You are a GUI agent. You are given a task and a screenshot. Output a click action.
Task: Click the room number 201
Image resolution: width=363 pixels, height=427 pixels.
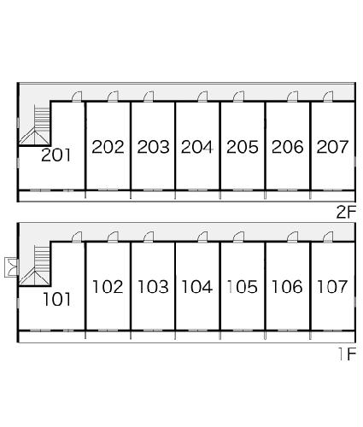click(56, 155)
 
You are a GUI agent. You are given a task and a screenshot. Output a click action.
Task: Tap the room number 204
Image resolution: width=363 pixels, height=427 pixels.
click(196, 147)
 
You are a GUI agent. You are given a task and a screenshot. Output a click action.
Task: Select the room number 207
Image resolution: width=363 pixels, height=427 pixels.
click(332, 147)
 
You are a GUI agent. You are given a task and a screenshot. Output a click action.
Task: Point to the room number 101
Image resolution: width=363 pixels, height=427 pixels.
click(56, 299)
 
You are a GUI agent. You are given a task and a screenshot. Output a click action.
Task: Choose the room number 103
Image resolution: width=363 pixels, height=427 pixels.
click(153, 287)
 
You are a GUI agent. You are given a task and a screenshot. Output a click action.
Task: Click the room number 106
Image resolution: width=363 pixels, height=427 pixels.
click(287, 287)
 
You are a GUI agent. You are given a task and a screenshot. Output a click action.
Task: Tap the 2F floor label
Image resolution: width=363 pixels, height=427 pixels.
click(346, 212)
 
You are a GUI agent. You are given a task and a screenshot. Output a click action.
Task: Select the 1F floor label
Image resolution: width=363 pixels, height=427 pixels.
click(348, 354)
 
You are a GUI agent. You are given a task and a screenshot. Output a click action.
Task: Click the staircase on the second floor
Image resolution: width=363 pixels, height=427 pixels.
click(35, 125)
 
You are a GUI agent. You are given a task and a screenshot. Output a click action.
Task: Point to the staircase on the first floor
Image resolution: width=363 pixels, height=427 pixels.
click(35, 266)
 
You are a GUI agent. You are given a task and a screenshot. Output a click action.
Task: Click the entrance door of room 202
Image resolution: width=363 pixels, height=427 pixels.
click(113, 97)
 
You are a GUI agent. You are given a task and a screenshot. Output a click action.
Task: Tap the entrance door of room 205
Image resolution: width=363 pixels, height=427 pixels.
click(238, 97)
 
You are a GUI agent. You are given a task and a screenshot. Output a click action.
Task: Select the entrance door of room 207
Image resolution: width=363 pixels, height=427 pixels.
click(328, 97)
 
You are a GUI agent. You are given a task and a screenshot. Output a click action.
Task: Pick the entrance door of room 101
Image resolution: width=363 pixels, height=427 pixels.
click(76, 237)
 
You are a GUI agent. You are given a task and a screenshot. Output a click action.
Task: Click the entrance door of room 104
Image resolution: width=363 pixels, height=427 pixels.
click(202, 237)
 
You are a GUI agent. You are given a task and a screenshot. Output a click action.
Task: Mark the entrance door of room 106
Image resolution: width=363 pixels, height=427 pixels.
click(292, 237)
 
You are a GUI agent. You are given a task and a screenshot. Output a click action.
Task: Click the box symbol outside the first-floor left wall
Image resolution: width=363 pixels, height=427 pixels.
click(12, 267)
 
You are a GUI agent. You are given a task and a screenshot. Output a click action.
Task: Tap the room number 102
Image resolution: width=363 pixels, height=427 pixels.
click(108, 287)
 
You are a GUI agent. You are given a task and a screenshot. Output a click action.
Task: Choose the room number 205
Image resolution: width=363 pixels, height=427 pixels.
click(243, 147)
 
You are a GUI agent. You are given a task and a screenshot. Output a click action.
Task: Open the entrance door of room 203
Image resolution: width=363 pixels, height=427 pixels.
click(149, 97)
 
